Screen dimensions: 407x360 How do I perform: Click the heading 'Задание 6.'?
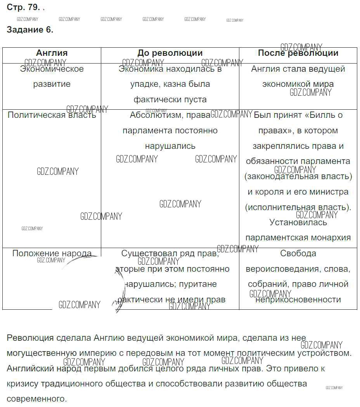point(30,30)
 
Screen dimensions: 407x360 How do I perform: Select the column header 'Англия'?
point(52,53)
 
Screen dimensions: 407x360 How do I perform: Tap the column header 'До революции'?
point(170,53)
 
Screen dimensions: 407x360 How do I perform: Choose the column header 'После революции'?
point(298,53)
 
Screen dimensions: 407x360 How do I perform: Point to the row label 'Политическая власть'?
point(52,115)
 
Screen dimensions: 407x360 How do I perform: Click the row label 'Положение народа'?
point(52,254)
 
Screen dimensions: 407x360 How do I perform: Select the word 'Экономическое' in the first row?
point(52,69)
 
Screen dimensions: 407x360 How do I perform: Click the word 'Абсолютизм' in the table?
point(157,115)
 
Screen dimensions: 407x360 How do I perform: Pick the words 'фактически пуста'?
point(170,100)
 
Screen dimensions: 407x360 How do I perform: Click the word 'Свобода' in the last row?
point(298,254)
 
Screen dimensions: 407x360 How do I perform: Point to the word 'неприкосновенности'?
point(298,300)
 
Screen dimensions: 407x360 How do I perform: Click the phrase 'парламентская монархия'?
point(298,238)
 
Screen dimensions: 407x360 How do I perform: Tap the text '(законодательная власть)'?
point(298,176)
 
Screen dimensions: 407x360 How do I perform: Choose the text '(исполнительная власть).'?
point(298,207)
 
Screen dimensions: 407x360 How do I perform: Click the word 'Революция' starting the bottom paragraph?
point(29,338)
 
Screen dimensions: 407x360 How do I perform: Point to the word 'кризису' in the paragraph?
point(22,383)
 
